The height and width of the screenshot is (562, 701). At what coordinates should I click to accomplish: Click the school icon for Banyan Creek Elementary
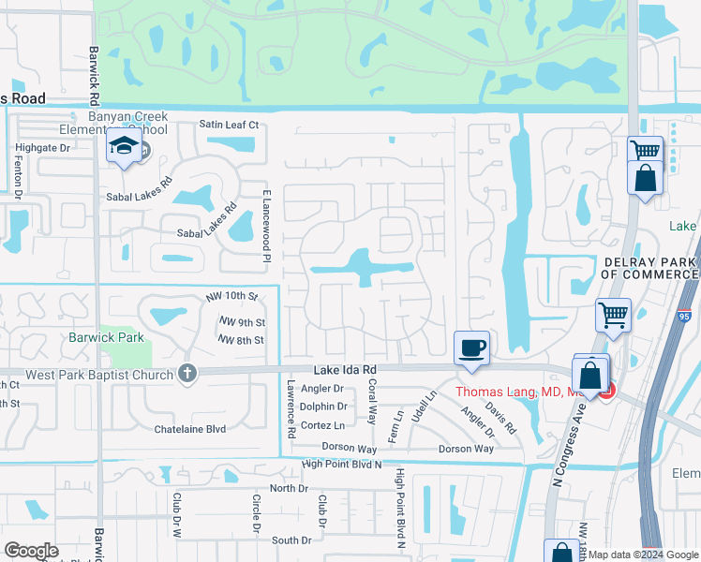pyautogui.click(x=123, y=147)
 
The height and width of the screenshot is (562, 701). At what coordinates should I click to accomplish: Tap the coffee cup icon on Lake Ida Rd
pyautogui.click(x=471, y=348)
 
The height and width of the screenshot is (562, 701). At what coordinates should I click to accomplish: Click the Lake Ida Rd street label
pyautogui.click(x=343, y=371)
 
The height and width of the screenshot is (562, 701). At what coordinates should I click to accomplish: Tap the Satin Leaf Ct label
pyautogui.click(x=228, y=125)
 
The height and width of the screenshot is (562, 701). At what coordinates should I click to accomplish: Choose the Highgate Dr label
pyautogui.click(x=43, y=148)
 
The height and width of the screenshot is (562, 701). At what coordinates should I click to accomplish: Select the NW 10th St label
pyautogui.click(x=232, y=297)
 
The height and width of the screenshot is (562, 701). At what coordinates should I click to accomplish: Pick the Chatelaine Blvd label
pyautogui.click(x=190, y=429)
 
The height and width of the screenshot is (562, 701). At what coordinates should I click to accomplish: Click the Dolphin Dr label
pyautogui.click(x=323, y=407)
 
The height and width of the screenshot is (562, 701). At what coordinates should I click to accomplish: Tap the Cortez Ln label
pyautogui.click(x=321, y=424)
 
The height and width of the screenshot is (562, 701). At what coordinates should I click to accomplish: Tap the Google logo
pyautogui.click(x=31, y=551)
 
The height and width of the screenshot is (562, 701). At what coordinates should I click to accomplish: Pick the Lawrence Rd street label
pyautogui.click(x=291, y=404)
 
